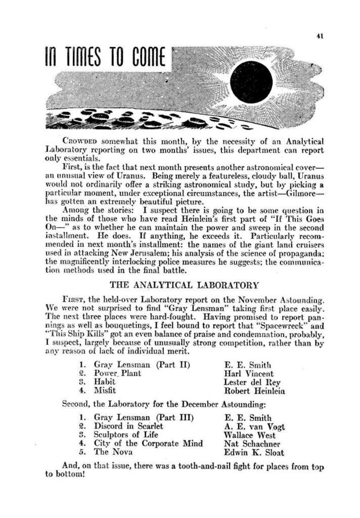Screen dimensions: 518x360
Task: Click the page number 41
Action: [320, 36]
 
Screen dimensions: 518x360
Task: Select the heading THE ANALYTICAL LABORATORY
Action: [184, 285]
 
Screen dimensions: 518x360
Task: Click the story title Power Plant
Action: [118, 373]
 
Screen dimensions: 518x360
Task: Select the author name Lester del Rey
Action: [250, 382]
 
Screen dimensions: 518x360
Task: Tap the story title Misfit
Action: [105, 391]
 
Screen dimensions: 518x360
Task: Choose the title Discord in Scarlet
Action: [128, 426]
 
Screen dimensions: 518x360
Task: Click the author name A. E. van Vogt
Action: [254, 426]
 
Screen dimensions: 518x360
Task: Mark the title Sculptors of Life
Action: [126, 435]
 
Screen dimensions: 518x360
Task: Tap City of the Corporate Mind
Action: [148, 444]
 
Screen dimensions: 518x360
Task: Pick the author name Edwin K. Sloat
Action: [254, 452]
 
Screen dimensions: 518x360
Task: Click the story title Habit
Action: [105, 382]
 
